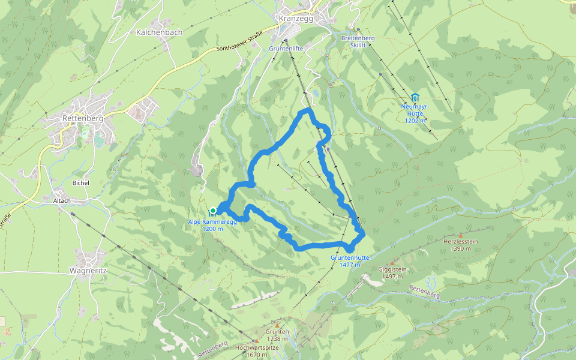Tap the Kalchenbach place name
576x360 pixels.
coord(159,32)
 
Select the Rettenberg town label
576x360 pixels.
coord(83,118)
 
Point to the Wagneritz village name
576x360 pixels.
coord(87,271)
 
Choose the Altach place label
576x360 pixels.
coord(61,200)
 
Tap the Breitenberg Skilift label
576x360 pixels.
coord(358,41)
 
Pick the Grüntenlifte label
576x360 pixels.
coord(286,48)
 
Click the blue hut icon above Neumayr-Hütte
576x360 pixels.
coord(415,97)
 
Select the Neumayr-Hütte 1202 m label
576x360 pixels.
coord(415,113)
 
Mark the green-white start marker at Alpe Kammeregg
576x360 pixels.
coord(212,210)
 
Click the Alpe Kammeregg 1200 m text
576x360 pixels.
coord(212,225)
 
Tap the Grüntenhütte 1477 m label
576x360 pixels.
coord(349,261)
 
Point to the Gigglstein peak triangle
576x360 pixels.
coord(392,263)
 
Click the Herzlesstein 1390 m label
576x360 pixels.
coord(460,245)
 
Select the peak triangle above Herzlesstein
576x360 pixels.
coord(460,235)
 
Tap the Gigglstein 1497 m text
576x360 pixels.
coord(392,273)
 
